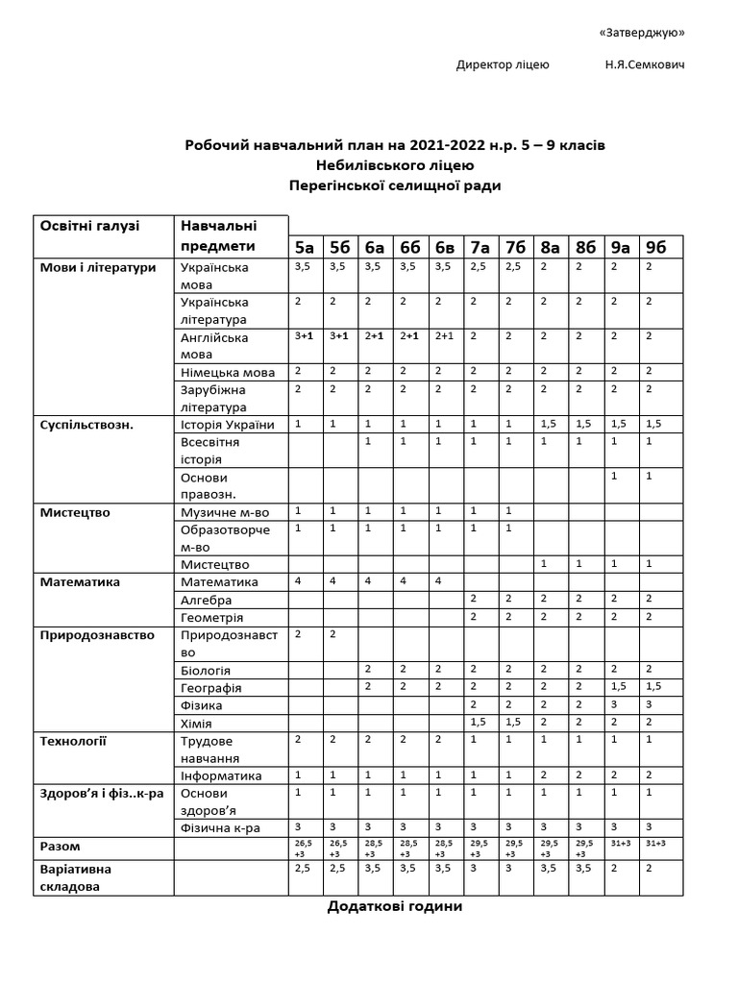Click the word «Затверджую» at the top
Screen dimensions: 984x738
click(641, 33)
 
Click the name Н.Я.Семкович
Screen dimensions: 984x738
click(645, 65)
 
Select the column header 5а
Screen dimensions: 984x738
click(306, 247)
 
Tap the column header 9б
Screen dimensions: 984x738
click(656, 247)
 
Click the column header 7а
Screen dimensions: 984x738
click(480, 247)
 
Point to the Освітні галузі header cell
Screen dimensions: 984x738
click(89, 225)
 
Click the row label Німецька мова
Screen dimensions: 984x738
click(228, 372)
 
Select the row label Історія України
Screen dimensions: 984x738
click(228, 425)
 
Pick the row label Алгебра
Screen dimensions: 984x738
click(206, 600)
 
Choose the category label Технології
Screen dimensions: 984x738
click(73, 741)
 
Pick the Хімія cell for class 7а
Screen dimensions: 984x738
click(480, 723)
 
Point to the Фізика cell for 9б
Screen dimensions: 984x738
click(656, 705)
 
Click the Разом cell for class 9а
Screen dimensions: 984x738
click(621, 847)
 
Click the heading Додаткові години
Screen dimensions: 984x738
click(395, 907)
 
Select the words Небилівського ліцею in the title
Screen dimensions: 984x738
click(395, 164)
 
